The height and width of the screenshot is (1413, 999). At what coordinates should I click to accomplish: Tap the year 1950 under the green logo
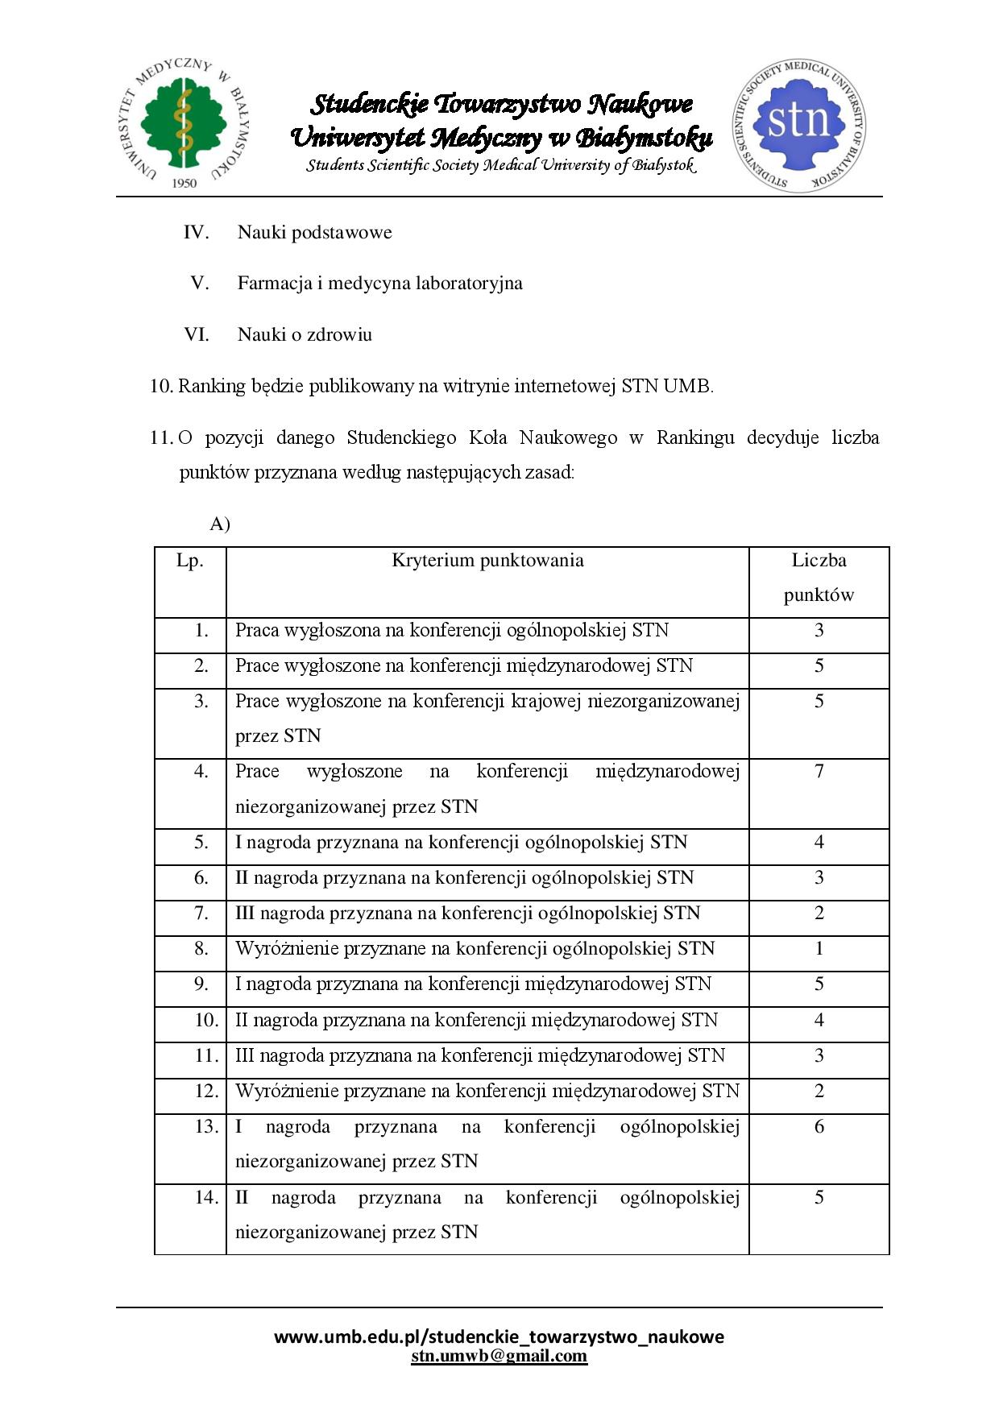pos(184,183)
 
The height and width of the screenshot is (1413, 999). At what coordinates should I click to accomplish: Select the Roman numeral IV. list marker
pos(196,233)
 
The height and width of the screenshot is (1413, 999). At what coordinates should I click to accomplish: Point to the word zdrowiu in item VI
pos(339,334)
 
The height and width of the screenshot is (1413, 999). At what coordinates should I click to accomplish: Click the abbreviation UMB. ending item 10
pos(688,387)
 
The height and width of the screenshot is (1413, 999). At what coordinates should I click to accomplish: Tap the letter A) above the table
pos(220,524)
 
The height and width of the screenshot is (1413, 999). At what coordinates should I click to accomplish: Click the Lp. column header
pos(190,561)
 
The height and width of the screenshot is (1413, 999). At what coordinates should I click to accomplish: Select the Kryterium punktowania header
pos(487,561)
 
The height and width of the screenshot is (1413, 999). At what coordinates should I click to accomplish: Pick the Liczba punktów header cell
pos(819,578)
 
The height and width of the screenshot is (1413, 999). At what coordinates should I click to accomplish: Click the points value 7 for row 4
pos(819,772)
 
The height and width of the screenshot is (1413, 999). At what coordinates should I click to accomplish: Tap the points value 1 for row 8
pos(819,949)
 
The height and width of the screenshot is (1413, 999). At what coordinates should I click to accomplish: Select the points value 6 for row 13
pos(819,1127)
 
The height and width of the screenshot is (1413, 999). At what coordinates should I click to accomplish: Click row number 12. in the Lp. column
pos(206,1092)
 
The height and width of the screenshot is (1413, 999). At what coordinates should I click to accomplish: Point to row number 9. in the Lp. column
pos(201,984)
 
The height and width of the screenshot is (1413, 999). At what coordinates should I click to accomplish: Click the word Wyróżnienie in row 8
pos(287,949)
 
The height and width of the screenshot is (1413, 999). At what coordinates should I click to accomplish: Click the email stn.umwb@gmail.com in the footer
pos(499,1357)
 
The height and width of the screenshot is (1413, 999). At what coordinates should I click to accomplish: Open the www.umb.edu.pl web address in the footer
pos(499,1337)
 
